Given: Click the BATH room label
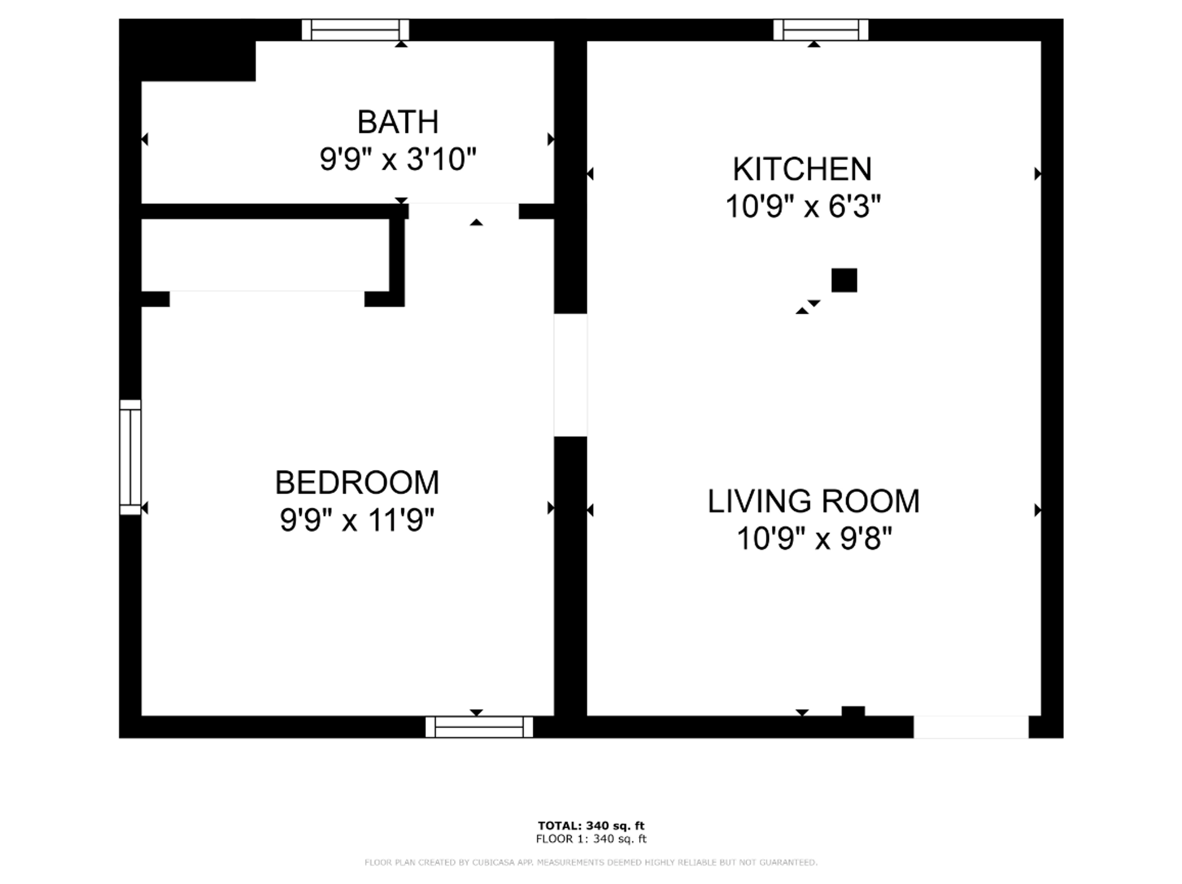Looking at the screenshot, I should coord(398,122).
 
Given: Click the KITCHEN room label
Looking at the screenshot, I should coord(802,169).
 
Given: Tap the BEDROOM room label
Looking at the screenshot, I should coord(356,482).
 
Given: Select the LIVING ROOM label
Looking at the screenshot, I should coord(813,501).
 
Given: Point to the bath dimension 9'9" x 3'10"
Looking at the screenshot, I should coord(398,159).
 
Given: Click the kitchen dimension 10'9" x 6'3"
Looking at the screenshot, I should coord(803,207).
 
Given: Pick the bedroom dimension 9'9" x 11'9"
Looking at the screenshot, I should coord(357,520).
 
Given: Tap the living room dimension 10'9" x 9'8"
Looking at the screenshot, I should coord(814,540).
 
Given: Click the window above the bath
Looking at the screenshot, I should coord(355,30).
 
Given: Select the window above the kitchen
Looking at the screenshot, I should coord(821,30).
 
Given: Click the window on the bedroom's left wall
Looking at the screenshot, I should coord(130,457).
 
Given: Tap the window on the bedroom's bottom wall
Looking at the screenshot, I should coord(479,727).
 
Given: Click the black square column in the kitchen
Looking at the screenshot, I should coord(844,281).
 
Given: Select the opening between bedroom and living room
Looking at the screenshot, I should coord(570,375).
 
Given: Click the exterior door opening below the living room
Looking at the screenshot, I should coord(970,727).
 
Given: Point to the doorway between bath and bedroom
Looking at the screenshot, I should coord(463,211).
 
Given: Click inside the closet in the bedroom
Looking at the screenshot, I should coord(265,255).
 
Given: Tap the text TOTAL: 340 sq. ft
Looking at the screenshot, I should coord(591,826).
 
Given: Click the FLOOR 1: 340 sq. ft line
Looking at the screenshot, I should coord(591,838).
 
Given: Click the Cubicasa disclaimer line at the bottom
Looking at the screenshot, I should coord(591,862).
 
